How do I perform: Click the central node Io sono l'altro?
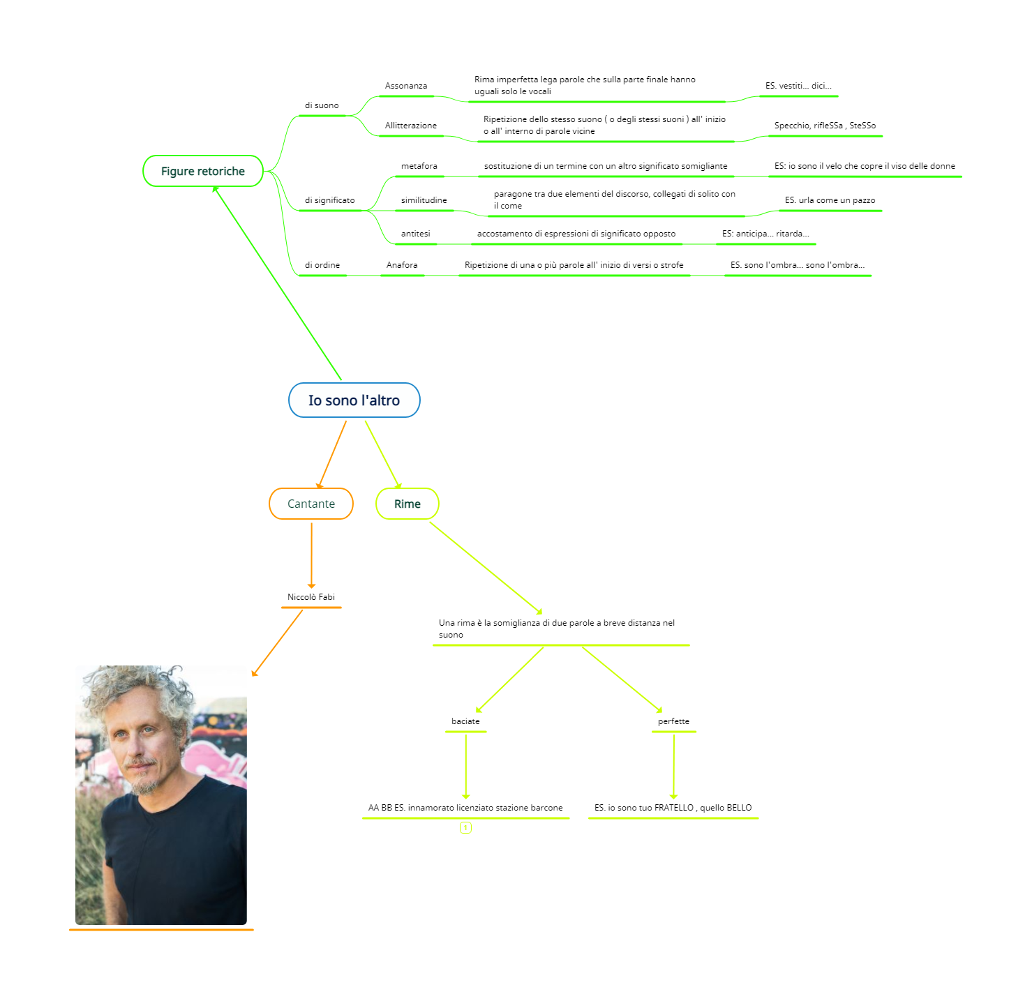[354, 400]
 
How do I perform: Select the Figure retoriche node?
[203, 172]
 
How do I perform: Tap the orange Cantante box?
[311, 504]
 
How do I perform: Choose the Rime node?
[407, 504]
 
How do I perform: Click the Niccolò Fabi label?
[311, 597]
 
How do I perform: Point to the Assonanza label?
[406, 86]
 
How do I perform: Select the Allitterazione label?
[411, 126]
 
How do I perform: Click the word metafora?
[419, 166]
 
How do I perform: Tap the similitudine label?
[424, 200]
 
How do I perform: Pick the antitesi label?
[416, 234]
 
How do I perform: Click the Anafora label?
[402, 265]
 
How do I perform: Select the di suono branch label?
[322, 105]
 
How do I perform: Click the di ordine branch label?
[322, 265]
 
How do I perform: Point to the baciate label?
[465, 721]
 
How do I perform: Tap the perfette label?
[673, 721]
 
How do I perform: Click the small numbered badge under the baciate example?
[465, 828]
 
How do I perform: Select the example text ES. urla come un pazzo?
[830, 200]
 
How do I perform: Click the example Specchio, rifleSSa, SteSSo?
[825, 126]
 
